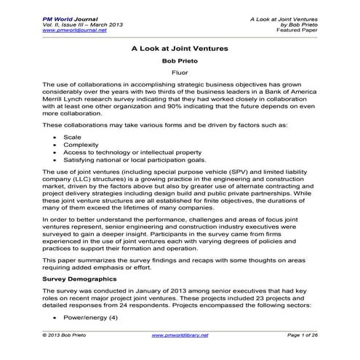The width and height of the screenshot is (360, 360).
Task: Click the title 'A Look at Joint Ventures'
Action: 180,49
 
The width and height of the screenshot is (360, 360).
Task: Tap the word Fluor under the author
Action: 180,74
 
